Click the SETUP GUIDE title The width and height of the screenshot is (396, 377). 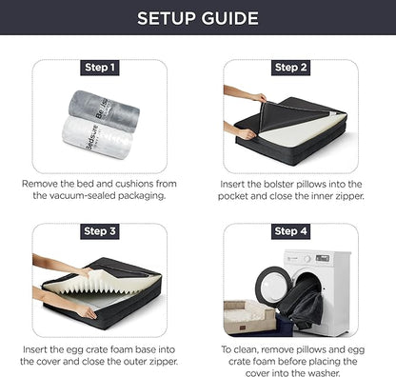point(197,18)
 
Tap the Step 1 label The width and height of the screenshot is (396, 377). point(100,68)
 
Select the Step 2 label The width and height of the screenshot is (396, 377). point(290,68)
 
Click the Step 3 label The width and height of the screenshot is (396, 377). point(100,231)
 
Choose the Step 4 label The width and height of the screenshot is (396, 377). point(290,231)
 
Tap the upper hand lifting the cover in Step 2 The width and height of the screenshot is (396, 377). point(247,94)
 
